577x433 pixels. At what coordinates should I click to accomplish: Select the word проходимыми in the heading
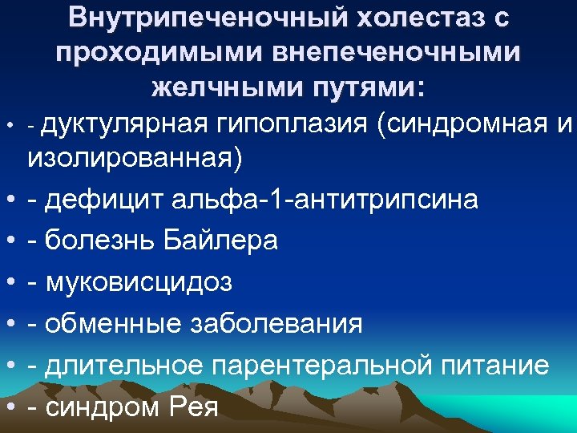[x=161, y=51]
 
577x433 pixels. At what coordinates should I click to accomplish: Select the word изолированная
[x=135, y=158]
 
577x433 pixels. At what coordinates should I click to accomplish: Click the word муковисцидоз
[x=138, y=283]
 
